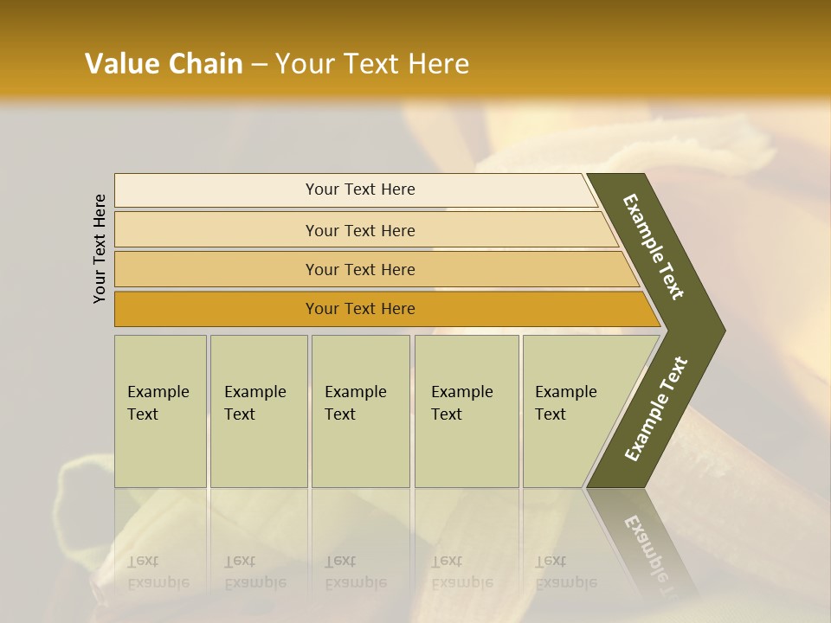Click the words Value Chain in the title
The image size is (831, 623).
tap(164, 64)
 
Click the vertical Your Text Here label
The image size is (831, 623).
tap(100, 248)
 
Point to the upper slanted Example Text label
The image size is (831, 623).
tap(654, 247)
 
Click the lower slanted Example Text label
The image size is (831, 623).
tap(656, 409)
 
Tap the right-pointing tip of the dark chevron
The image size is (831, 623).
tap(722, 331)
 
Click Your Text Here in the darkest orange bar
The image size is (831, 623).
tap(360, 309)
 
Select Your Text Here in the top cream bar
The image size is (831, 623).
tap(360, 189)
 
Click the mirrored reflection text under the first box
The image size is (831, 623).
tap(158, 572)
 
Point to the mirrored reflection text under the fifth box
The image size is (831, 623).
tap(565, 572)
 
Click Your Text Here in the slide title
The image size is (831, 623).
tap(372, 64)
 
